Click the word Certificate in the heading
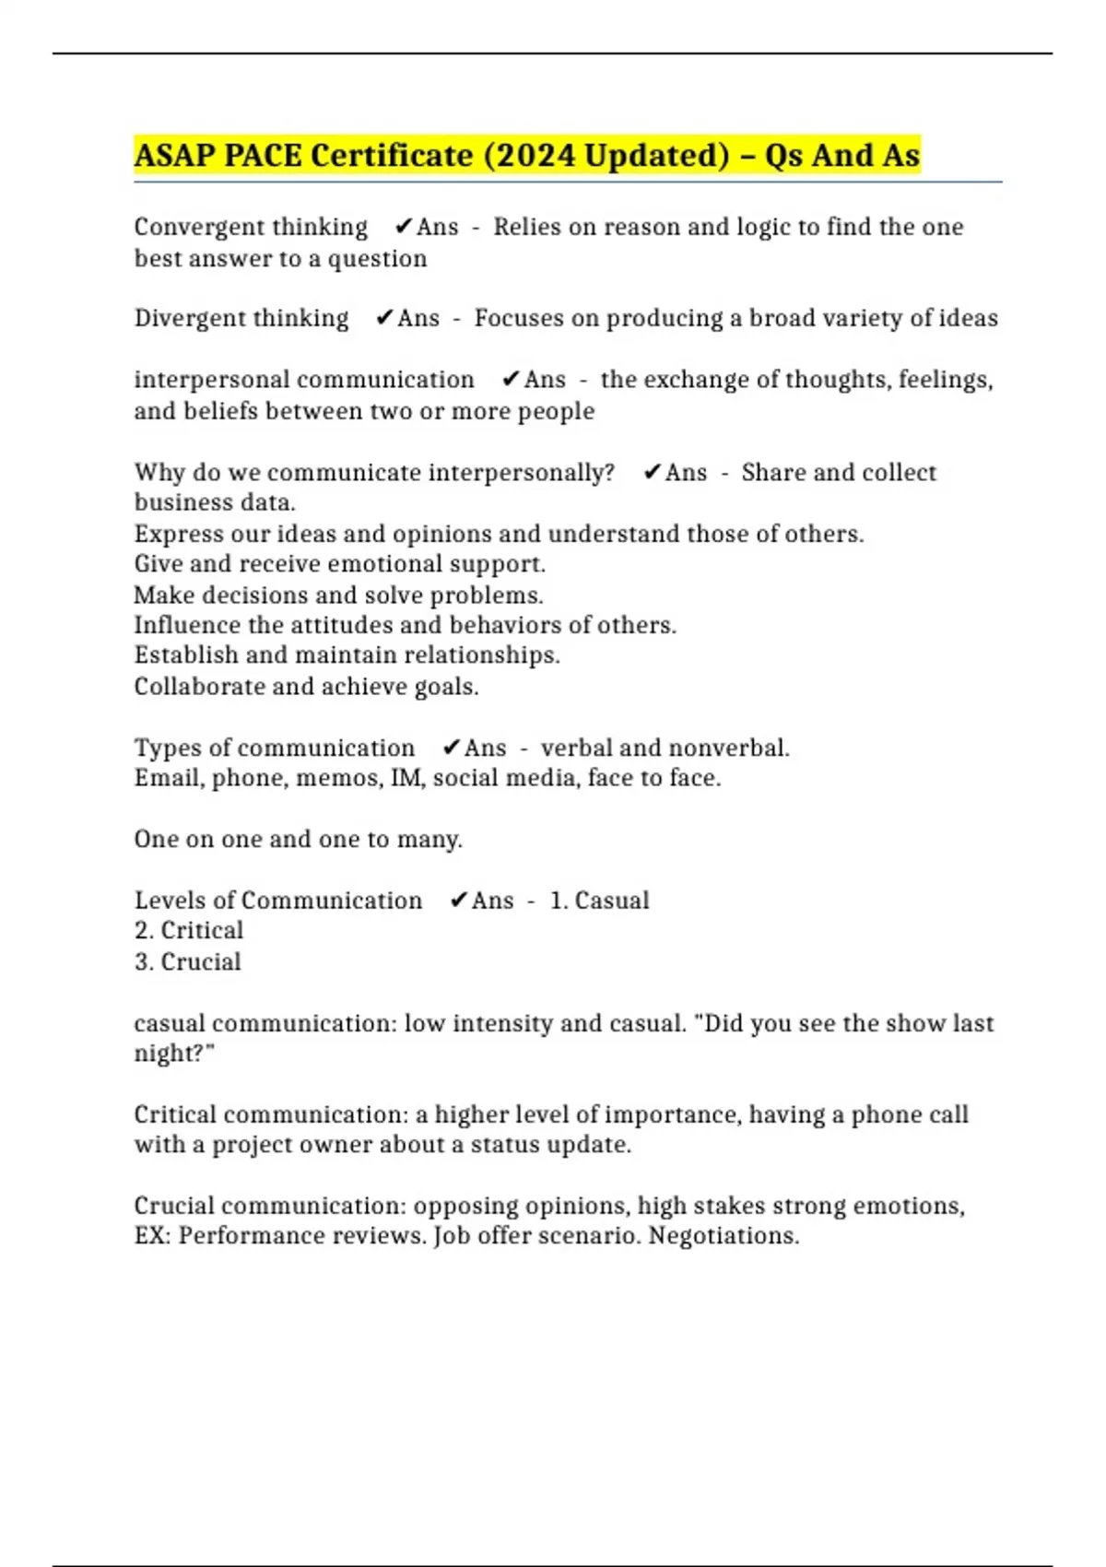tap(392, 155)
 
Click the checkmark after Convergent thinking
tap(403, 227)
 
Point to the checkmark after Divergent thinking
tap(384, 318)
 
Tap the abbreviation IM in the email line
tap(406, 778)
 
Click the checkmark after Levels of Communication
tap(458, 901)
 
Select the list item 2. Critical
tap(189, 930)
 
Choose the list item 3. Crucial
tap(188, 961)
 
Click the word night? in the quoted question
tap(174, 1053)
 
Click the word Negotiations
tap(724, 1235)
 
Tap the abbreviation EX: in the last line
tap(152, 1235)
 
